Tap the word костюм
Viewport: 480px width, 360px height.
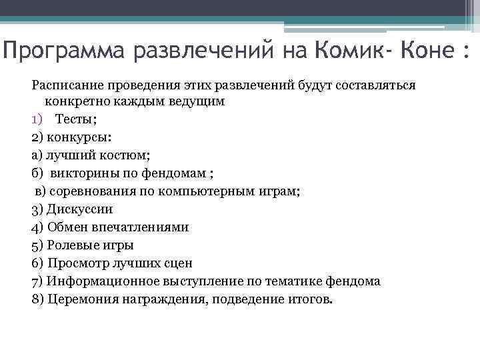click(127, 155)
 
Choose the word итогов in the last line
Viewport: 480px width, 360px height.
click(307, 299)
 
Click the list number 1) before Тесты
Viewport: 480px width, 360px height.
click(37, 119)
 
